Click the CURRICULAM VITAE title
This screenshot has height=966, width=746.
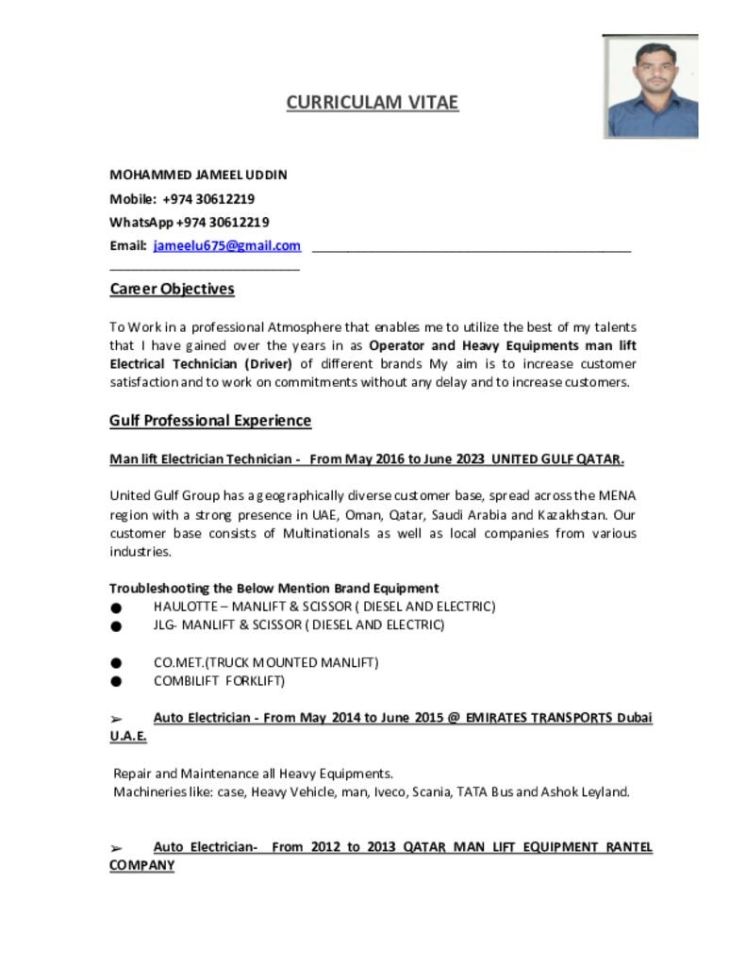point(373,102)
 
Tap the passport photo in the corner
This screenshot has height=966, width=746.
point(651,87)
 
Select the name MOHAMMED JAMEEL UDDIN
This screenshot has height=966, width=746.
point(198,175)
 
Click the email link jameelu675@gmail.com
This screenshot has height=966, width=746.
point(227,246)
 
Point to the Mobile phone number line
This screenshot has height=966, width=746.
point(182,199)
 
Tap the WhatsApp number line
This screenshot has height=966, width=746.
point(190,223)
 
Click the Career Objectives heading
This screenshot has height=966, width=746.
point(172,289)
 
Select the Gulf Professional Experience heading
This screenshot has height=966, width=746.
point(210,421)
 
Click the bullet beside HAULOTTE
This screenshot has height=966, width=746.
point(116,608)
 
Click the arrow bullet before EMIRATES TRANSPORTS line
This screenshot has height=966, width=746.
point(116,719)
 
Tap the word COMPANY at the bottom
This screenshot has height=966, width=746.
point(141,865)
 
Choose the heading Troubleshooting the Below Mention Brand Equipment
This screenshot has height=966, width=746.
point(274,588)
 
